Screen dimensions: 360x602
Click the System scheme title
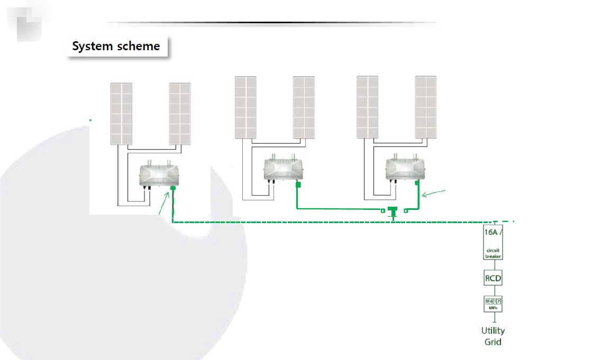(x=116, y=47)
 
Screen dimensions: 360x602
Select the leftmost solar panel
(x=121, y=114)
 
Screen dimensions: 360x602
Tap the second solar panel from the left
(x=179, y=114)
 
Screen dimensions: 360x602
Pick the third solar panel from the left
(x=245, y=107)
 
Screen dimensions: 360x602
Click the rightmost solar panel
(x=426, y=107)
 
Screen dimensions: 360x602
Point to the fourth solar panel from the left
(x=304, y=107)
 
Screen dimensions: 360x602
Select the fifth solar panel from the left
(x=367, y=107)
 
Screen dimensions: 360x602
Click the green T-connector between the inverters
(x=392, y=211)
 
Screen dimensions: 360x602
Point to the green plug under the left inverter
(x=172, y=188)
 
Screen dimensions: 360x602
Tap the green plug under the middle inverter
(x=298, y=184)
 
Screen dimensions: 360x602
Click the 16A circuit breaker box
(x=494, y=243)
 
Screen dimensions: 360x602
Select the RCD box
(x=493, y=278)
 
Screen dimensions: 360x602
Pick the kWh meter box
(x=494, y=304)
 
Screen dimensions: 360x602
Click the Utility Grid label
(x=493, y=336)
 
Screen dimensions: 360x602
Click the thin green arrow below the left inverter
(x=165, y=204)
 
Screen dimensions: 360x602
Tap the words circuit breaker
(x=493, y=253)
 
